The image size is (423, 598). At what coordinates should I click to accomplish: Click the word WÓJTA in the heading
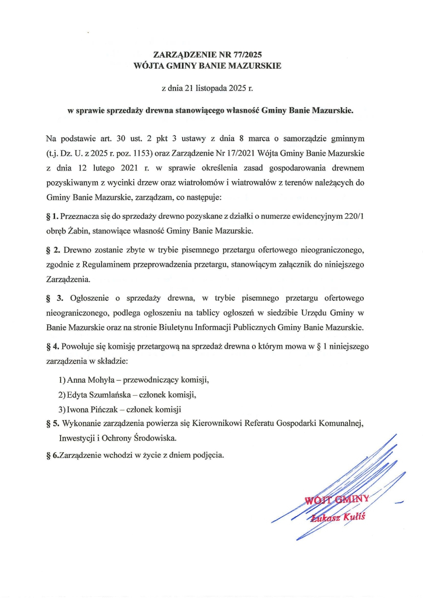pyautogui.click(x=148, y=66)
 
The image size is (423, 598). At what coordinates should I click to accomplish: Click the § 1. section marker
pyautogui.click(x=52, y=217)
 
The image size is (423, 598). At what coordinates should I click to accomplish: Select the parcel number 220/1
pyautogui.click(x=354, y=216)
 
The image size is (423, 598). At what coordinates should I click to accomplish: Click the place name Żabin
pyautogui.click(x=78, y=231)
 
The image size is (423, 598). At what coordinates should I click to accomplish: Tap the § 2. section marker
pyautogui.click(x=53, y=250)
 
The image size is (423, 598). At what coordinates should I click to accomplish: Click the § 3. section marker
pyautogui.click(x=54, y=298)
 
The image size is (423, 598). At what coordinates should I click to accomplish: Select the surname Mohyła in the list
pyautogui.click(x=101, y=380)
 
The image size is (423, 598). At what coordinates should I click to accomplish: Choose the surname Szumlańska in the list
pyautogui.click(x=110, y=395)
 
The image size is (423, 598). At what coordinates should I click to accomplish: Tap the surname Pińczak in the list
pyautogui.click(x=104, y=410)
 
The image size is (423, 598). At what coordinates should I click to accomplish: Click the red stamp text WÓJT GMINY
pyautogui.click(x=337, y=500)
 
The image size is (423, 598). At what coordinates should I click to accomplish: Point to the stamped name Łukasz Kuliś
pyautogui.click(x=338, y=517)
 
